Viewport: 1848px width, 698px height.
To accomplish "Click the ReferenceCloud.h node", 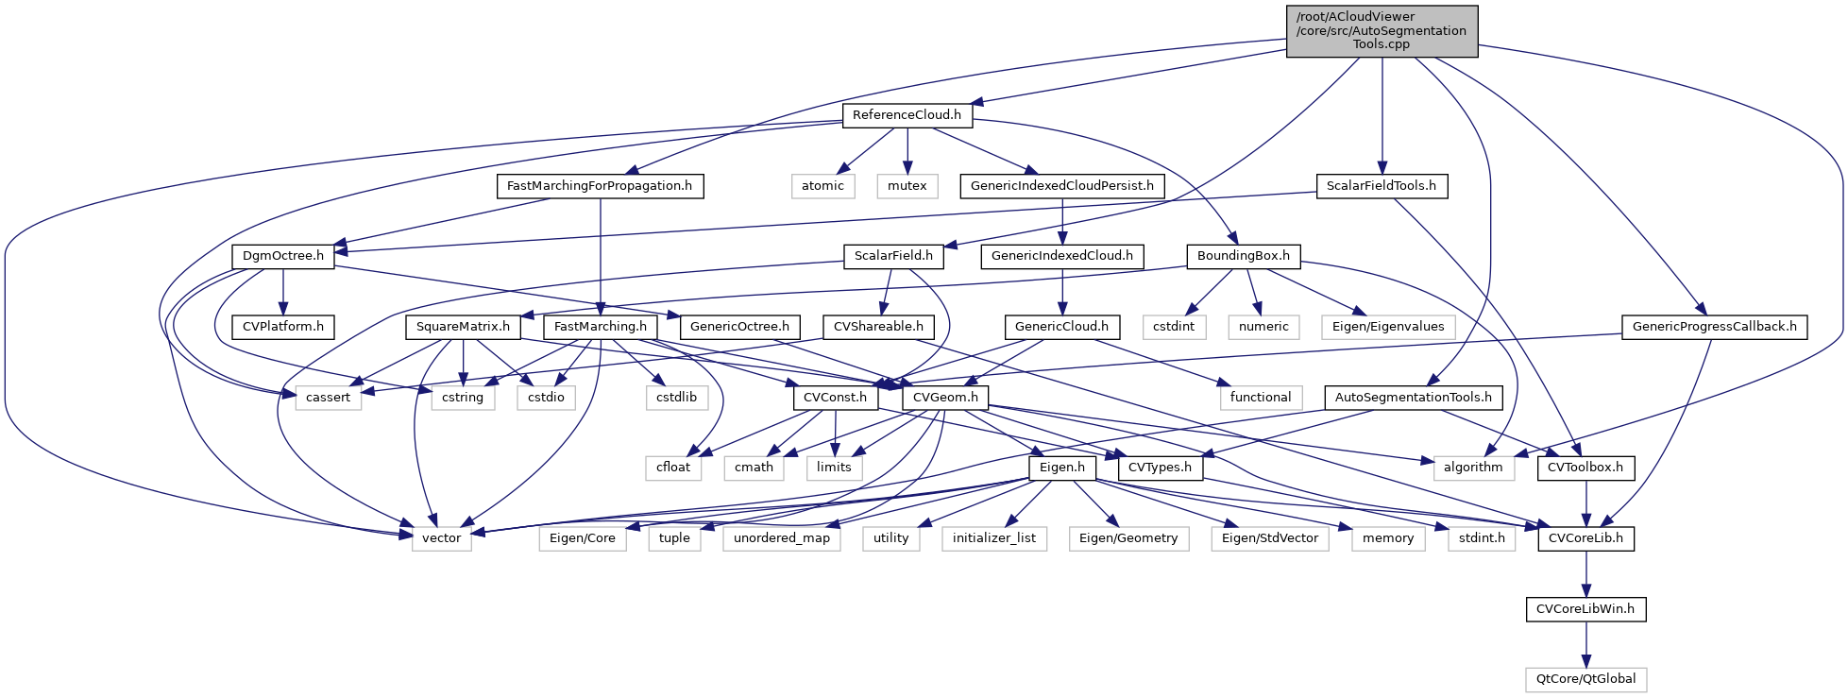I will [x=907, y=115].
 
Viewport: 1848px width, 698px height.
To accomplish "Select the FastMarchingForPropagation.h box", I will [x=600, y=186].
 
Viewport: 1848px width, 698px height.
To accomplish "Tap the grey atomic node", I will [x=822, y=186].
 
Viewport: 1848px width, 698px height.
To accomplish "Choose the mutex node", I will [x=907, y=186].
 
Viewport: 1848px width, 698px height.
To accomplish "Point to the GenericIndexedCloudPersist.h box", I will [x=1062, y=186].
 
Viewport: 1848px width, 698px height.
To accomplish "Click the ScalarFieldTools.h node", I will [x=1382, y=186].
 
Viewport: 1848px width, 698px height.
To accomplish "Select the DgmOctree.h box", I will [x=283, y=256].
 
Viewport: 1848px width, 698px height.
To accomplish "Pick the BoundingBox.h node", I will [x=1244, y=256].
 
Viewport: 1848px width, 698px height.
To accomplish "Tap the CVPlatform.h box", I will [x=283, y=327].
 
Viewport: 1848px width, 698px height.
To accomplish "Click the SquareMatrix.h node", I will [x=463, y=327].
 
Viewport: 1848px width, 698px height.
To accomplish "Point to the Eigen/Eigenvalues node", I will [x=1388, y=327].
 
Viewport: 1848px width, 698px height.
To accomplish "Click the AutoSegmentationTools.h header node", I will [x=1414, y=398].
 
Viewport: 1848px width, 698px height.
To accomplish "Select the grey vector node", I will [x=441, y=538].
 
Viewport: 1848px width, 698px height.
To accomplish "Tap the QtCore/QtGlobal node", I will [x=1586, y=679].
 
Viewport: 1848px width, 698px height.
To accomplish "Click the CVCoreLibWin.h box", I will [x=1586, y=609].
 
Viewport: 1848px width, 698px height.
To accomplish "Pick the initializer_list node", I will [x=993, y=538].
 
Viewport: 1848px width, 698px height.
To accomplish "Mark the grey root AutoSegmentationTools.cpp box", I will [x=1382, y=30].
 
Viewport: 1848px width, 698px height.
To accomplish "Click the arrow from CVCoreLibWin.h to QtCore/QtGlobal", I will [x=1586, y=644].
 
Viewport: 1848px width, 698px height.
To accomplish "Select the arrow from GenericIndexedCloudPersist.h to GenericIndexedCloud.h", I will [x=1062, y=221].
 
